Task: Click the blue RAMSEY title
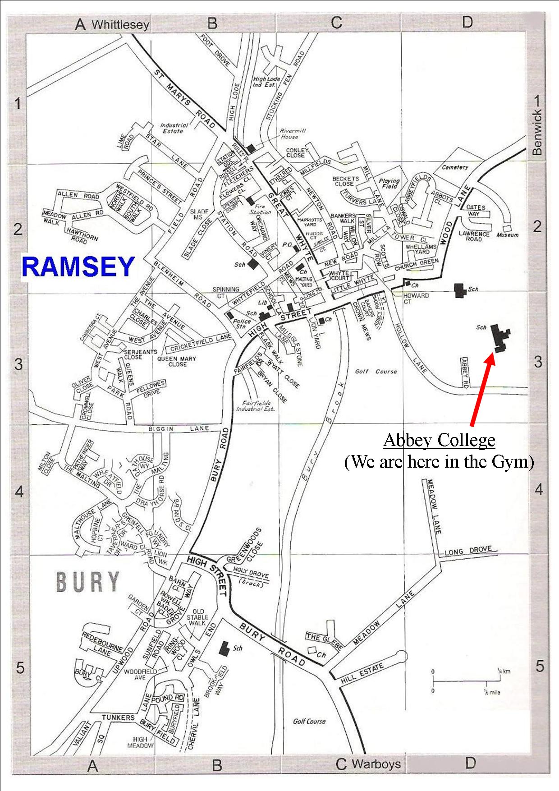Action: [x=78, y=267]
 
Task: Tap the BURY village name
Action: [x=88, y=582]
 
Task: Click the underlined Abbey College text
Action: [x=439, y=440]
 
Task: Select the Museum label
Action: [x=508, y=235]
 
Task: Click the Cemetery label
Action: [x=455, y=167]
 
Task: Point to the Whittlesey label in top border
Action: [x=120, y=24]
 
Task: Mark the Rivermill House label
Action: [x=289, y=133]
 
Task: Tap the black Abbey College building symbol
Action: [x=500, y=338]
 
